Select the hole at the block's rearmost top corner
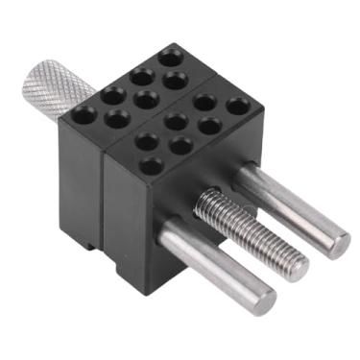tap(173, 56)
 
